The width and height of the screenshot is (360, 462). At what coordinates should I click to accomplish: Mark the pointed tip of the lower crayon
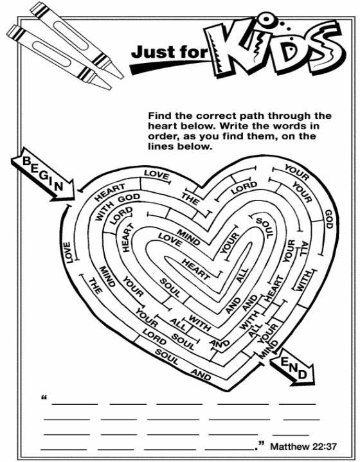[110, 88]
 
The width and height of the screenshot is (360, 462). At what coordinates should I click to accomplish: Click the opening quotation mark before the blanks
[44, 398]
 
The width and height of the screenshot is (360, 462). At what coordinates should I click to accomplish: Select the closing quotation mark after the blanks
[261, 443]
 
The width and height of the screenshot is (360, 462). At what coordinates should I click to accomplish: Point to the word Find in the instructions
[160, 116]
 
